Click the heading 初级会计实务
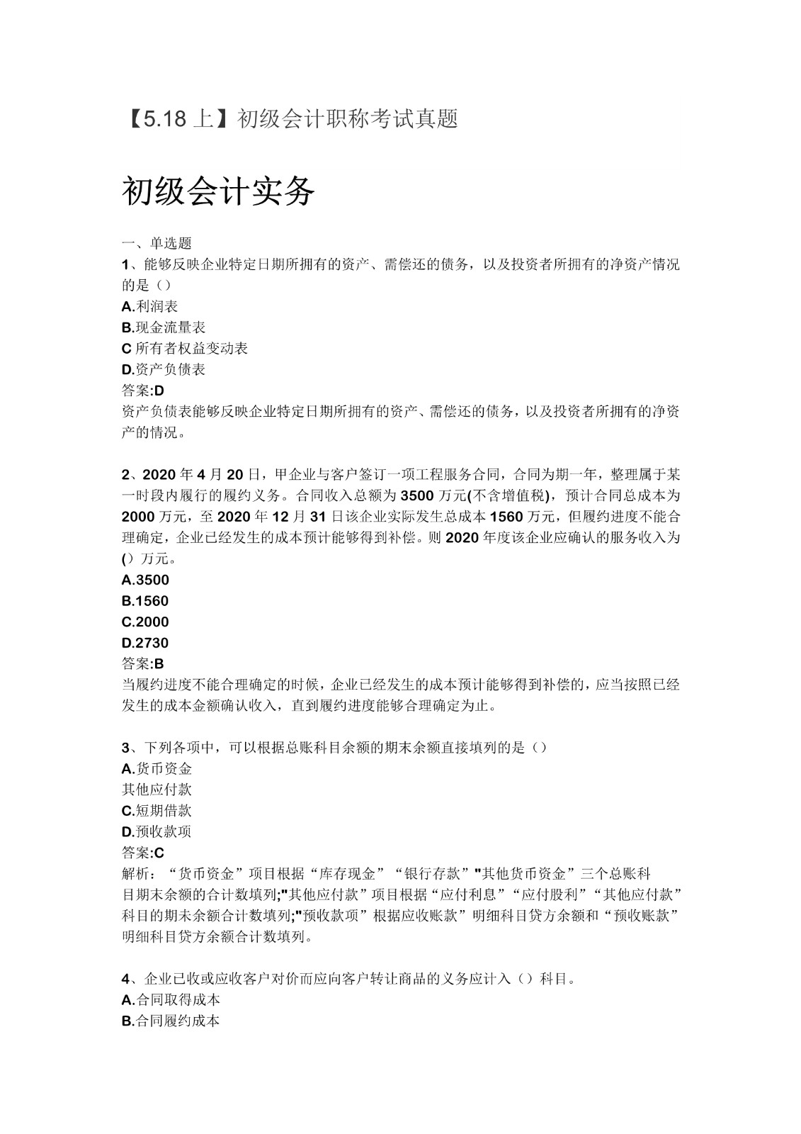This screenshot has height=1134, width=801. click(x=218, y=191)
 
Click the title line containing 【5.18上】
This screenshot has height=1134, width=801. click(x=290, y=118)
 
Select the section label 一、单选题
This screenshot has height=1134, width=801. click(x=157, y=243)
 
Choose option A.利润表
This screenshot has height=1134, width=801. click(x=149, y=306)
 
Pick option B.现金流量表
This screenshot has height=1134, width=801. click(x=164, y=327)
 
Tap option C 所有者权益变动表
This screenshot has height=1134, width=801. click(x=185, y=348)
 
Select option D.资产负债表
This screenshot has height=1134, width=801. click(x=164, y=369)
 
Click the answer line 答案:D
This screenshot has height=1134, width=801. click(x=143, y=391)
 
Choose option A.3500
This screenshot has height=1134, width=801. click(x=145, y=580)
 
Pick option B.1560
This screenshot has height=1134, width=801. click(x=145, y=601)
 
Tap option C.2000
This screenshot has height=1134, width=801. click(x=145, y=622)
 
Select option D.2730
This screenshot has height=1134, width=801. click(x=145, y=643)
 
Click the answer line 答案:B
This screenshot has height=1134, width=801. click(x=143, y=664)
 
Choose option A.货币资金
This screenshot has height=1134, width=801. click(x=157, y=768)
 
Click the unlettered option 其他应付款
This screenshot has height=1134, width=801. click(x=157, y=790)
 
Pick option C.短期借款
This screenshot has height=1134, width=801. click(x=157, y=811)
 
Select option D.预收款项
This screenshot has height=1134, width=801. click(x=157, y=831)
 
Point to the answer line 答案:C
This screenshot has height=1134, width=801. click(x=143, y=853)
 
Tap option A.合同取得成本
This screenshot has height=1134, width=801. click(x=171, y=1000)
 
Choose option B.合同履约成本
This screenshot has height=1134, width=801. click(x=171, y=1021)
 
